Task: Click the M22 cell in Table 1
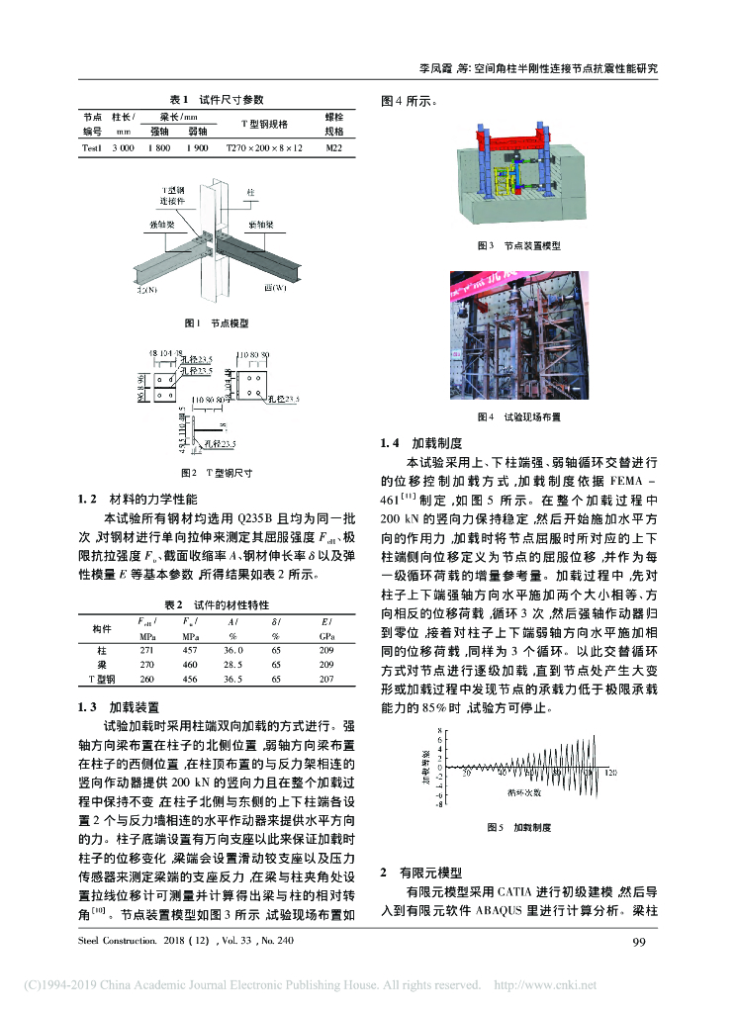click(333, 147)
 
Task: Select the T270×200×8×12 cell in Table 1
click(264, 147)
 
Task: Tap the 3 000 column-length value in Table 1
click(123, 147)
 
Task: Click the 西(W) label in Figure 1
click(276, 289)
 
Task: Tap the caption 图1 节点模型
click(216, 323)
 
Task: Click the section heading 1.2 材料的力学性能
click(138, 499)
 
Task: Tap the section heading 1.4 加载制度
click(423, 443)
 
